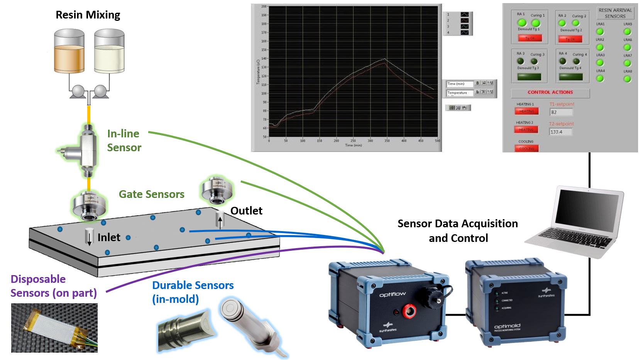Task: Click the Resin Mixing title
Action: (88, 15)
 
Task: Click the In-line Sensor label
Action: (124, 140)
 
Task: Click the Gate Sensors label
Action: (151, 194)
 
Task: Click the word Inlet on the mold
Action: (109, 237)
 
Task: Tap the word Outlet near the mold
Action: (246, 211)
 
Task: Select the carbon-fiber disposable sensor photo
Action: (54, 328)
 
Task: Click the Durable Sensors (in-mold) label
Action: (193, 292)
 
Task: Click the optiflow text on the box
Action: (392, 294)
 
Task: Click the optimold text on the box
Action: (507, 326)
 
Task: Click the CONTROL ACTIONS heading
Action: (550, 93)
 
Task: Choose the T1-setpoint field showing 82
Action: (561, 112)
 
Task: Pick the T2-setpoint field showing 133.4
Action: (561, 132)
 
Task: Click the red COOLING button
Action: (526, 149)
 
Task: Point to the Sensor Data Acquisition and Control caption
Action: (458, 231)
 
